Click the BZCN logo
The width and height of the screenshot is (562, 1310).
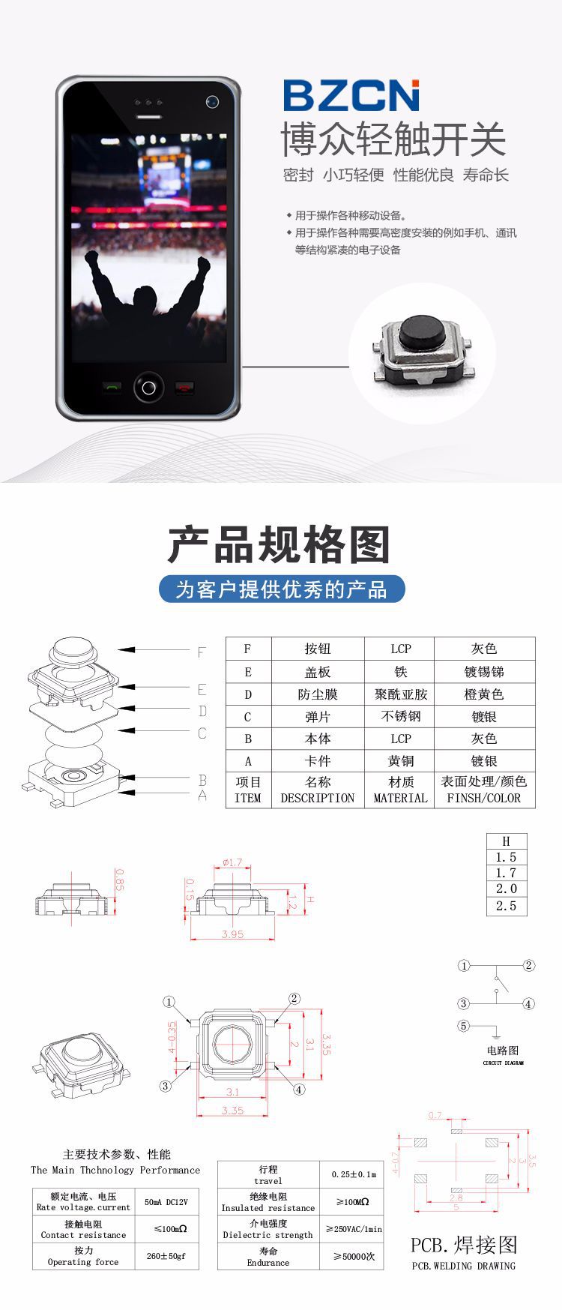click(351, 95)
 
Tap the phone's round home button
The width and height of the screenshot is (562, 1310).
click(148, 387)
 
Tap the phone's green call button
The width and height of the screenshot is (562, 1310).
click(112, 387)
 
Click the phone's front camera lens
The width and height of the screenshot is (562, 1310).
click(212, 101)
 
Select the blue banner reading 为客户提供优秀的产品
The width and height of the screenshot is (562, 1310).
click(281, 589)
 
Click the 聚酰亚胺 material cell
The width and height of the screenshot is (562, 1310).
click(400, 694)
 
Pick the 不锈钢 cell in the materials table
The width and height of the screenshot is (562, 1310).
click(400, 717)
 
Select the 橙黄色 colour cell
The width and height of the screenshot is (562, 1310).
click(484, 694)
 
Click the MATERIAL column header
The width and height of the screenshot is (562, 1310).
click(400, 798)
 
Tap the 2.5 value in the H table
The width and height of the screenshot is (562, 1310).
click(506, 906)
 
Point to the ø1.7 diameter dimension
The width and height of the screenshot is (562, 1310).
click(232, 862)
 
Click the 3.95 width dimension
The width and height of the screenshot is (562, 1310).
click(232, 934)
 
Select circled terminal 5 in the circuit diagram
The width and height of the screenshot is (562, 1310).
click(464, 1026)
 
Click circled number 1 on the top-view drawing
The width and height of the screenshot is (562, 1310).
click(169, 1002)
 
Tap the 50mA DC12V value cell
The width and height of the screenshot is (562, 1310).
click(166, 1202)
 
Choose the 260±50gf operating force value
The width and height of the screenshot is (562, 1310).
click(166, 1256)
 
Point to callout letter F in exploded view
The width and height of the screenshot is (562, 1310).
click(201, 652)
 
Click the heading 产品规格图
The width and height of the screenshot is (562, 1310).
click(279, 544)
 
